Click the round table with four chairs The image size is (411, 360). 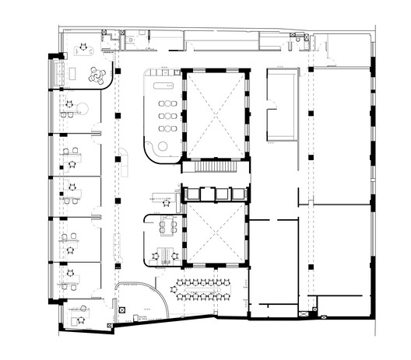point(97,75)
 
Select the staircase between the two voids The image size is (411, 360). point(215,166)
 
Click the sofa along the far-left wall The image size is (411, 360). point(56,75)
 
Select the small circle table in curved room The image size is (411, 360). point(163,146)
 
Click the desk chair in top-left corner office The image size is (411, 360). point(81,49)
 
